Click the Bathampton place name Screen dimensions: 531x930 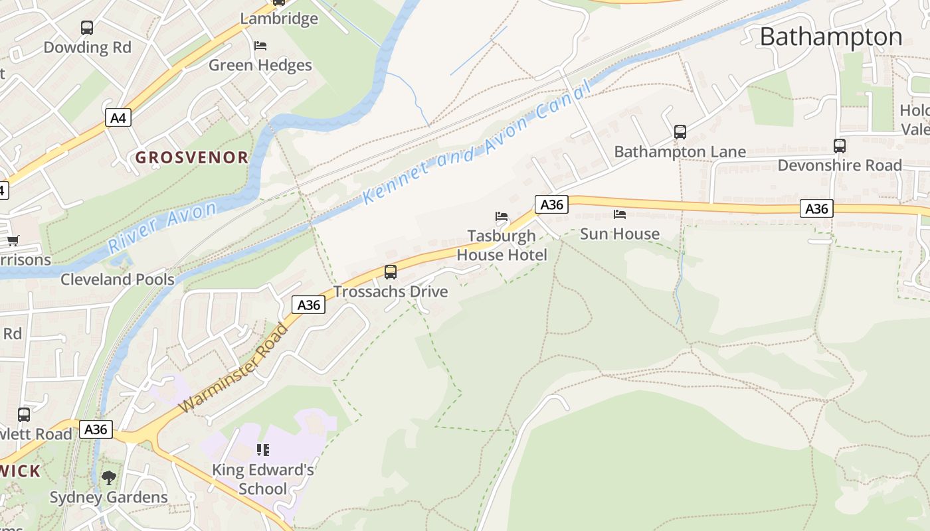point(830,37)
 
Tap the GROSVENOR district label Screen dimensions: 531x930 point(192,157)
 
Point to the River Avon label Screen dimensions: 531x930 point(162,228)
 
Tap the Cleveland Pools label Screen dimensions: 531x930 point(118,279)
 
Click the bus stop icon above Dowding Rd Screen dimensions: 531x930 point(87,28)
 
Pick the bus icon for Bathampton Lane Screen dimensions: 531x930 point(680,132)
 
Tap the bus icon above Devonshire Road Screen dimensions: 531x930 point(840,146)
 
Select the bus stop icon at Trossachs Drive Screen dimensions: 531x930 point(391,272)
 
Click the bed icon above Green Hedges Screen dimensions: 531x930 point(260,46)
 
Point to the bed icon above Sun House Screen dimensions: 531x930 point(620,214)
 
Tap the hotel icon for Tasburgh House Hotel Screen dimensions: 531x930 point(502,216)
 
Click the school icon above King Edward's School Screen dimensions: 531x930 point(263,450)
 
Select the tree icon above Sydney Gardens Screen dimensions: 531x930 point(109,477)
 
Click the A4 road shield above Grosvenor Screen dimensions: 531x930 point(118,118)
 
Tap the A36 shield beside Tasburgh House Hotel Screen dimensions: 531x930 point(551,204)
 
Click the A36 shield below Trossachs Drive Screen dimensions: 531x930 point(308,305)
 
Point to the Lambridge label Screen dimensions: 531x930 point(279,19)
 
